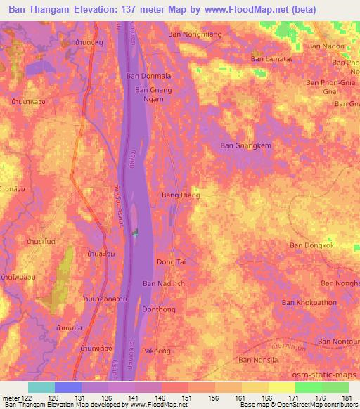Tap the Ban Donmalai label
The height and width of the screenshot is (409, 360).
(x=145, y=76)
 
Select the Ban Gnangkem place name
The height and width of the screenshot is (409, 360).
(x=241, y=145)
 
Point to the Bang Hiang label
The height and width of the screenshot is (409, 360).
(x=181, y=195)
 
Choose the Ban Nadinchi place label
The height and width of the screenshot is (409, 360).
(x=164, y=283)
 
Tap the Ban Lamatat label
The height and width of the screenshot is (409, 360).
(x=272, y=59)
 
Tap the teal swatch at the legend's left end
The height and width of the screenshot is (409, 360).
(x=41, y=387)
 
